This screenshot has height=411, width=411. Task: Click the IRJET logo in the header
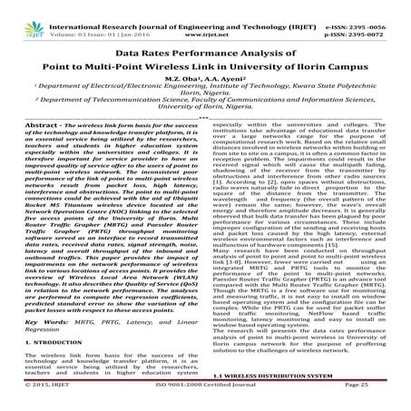24,13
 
